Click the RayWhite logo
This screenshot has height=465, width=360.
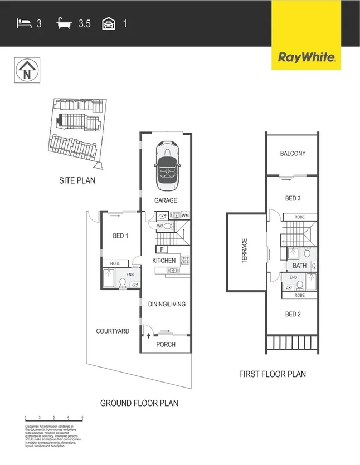click(x=306, y=57)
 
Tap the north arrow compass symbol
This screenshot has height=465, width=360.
click(x=26, y=71)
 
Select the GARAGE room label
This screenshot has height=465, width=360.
click(x=166, y=200)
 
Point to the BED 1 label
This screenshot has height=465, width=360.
click(x=120, y=236)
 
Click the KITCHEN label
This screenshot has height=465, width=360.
click(x=164, y=261)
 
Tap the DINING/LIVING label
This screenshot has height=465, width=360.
click(x=166, y=304)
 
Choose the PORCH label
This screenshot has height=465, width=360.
click(x=166, y=345)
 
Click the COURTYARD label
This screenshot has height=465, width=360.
click(x=113, y=331)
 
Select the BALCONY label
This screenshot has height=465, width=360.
click(x=293, y=154)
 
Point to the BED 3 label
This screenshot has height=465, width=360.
click(x=293, y=198)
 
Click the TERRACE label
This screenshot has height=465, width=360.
click(x=244, y=251)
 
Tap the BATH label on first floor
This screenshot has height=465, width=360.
click(x=299, y=266)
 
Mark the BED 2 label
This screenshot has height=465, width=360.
click(x=293, y=314)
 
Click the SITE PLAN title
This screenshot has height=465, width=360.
click(x=77, y=180)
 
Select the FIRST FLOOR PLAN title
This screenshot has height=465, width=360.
click(x=272, y=374)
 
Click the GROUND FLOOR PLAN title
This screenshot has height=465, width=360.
click(x=139, y=403)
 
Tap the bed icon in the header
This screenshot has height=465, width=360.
click(x=23, y=23)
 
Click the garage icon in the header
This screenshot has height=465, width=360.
click(x=108, y=23)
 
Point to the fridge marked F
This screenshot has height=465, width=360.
click(x=162, y=249)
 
